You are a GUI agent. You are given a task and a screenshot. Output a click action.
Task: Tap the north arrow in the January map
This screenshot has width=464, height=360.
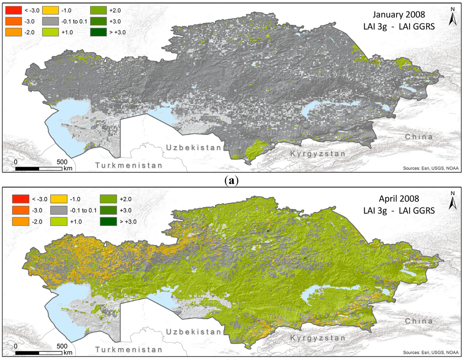pyautogui.click(x=452, y=17)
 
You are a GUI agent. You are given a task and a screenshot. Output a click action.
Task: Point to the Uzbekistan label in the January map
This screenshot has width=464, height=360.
pyautogui.click(x=193, y=148)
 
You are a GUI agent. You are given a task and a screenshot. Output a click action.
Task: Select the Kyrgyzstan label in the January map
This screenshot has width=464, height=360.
pyautogui.click(x=318, y=154)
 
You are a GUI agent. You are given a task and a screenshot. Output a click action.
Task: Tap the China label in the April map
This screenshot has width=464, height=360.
pyautogui.click(x=419, y=321)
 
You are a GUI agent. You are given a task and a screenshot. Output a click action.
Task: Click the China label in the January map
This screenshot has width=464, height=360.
pyautogui.click(x=419, y=136)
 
